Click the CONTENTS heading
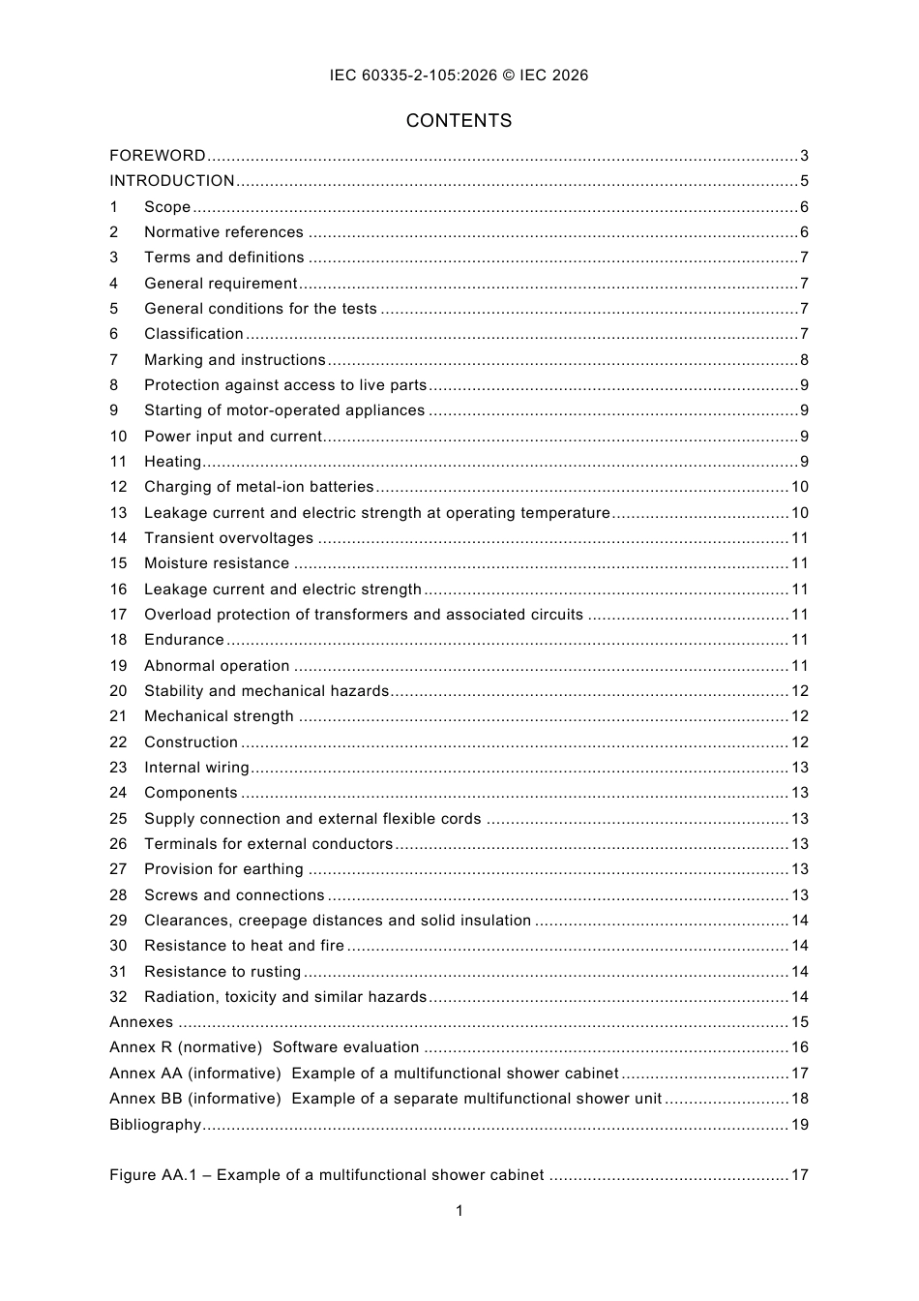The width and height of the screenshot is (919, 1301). (x=459, y=121)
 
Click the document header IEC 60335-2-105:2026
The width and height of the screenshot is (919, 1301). (x=459, y=76)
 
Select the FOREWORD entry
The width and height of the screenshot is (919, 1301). (x=158, y=156)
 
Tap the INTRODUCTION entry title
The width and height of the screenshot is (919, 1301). (x=172, y=181)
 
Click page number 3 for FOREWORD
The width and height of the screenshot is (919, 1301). (x=804, y=156)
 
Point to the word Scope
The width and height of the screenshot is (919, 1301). (x=167, y=207)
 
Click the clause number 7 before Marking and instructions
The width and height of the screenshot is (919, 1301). (x=114, y=360)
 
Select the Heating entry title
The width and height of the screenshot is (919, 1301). (x=172, y=462)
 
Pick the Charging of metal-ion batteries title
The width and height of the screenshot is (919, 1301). (x=258, y=487)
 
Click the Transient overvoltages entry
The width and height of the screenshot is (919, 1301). (x=228, y=538)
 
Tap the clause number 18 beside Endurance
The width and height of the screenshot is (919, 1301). (x=118, y=640)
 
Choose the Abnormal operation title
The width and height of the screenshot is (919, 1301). (x=217, y=666)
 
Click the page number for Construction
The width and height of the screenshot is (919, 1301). (x=800, y=742)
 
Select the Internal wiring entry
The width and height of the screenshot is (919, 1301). (x=196, y=768)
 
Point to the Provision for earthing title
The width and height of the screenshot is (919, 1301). (x=223, y=869)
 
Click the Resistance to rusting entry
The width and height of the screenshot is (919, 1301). (x=222, y=972)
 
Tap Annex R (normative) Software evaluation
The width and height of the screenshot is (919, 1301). (x=264, y=1047)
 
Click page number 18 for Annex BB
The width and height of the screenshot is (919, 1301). (x=800, y=1099)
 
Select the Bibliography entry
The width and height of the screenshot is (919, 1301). (x=155, y=1125)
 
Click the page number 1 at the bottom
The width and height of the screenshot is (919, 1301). (x=459, y=1211)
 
